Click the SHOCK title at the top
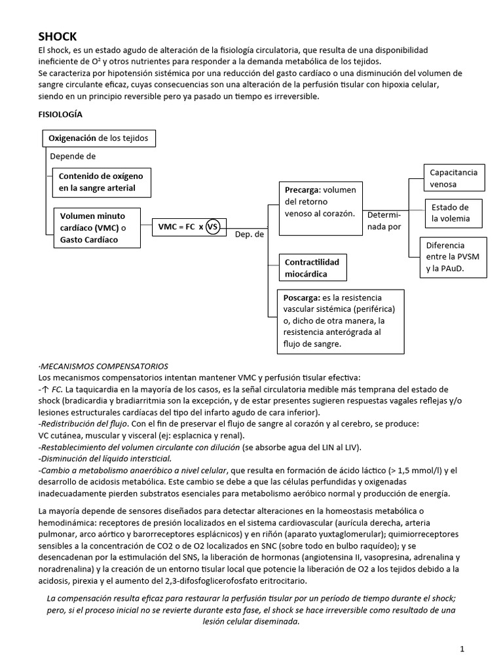58,37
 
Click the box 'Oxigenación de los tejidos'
99,139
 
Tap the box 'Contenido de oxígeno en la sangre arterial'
102,182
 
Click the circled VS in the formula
213,227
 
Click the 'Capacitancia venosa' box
454,178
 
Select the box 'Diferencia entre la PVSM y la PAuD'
454,256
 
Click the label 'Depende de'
73,157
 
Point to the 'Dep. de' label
250,234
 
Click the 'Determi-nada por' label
384,221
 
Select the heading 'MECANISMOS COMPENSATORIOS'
104,366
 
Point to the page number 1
462,649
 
